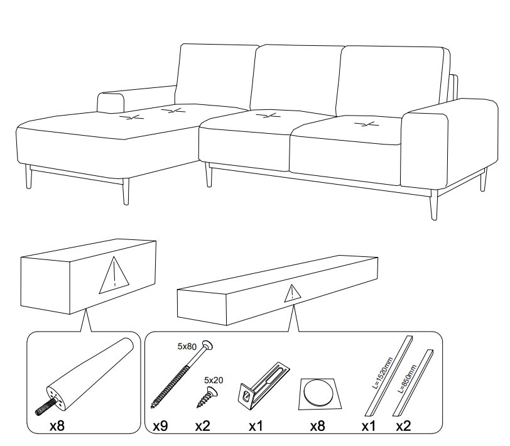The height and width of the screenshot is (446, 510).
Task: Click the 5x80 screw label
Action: [187, 347]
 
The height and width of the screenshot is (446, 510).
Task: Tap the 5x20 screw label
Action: [214, 380]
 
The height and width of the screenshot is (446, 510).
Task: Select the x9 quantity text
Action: [160, 426]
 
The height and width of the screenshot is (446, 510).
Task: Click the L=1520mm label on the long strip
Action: [382, 373]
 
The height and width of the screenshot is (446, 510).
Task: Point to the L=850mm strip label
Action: [407, 378]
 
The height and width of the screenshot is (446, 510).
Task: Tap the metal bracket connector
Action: [264, 386]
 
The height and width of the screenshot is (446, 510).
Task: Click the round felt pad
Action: [319, 392]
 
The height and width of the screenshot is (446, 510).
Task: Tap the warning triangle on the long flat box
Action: [293, 293]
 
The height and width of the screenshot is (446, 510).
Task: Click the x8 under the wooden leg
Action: [57, 426]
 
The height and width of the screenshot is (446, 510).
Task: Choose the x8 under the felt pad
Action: [317, 426]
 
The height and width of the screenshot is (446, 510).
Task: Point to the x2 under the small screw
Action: [203, 426]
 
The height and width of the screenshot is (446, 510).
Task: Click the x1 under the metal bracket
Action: [256, 426]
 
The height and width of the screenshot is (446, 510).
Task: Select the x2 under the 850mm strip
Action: [403, 426]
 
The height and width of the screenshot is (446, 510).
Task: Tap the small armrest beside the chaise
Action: [111, 102]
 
